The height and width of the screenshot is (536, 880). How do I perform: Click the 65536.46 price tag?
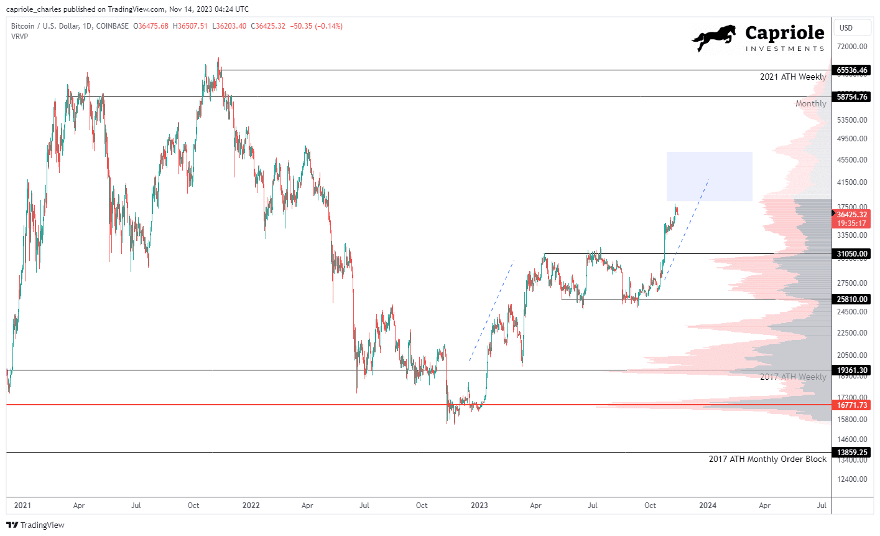[851, 70]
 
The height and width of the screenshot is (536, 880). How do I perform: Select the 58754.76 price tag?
[851, 96]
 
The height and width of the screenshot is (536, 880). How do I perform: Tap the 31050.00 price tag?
[851, 254]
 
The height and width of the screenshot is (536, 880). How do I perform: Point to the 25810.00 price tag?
[851, 299]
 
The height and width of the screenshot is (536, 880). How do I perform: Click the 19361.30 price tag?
[851, 370]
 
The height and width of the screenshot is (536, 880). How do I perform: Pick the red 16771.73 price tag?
[851, 405]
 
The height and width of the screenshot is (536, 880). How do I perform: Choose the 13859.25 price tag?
[851, 453]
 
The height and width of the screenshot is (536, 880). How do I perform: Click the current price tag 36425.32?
[851, 215]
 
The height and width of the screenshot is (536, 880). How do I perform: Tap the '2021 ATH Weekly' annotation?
[793, 77]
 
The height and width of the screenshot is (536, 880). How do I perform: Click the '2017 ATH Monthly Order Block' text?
[767, 459]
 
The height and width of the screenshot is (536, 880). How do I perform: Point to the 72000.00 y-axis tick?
[851, 47]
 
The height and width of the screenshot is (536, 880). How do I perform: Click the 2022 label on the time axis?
[251, 505]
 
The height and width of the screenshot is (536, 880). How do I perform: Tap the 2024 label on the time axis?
[707, 505]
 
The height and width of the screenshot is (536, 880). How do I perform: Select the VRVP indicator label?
[19, 36]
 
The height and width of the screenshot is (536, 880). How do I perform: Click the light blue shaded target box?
[709, 176]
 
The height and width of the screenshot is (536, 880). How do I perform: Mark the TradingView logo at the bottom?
[35, 525]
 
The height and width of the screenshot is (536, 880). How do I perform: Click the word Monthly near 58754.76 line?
[810, 103]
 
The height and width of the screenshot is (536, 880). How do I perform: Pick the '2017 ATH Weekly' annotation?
[793, 377]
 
